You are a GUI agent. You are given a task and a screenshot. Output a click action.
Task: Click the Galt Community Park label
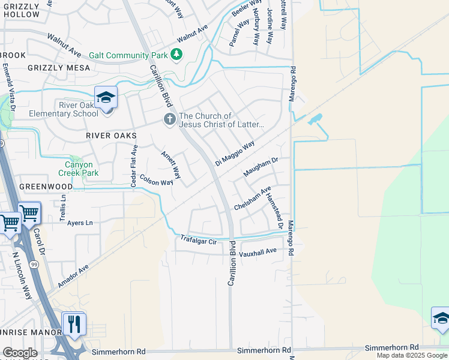(128, 55)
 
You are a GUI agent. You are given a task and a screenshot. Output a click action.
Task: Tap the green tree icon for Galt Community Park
(176, 55)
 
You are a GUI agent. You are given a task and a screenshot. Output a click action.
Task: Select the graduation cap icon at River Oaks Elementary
(106, 97)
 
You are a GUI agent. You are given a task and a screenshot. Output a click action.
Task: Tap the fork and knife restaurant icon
(74, 324)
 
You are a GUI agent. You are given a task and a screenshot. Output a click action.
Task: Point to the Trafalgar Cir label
(198, 241)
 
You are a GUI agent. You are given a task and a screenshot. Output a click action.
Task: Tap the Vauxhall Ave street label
(258, 251)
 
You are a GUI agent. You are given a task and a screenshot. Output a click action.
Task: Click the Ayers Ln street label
(80, 223)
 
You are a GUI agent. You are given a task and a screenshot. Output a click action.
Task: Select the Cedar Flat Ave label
(134, 166)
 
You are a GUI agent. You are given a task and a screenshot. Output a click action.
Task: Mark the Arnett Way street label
(171, 164)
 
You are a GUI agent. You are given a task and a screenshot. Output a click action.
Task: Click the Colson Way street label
(156, 179)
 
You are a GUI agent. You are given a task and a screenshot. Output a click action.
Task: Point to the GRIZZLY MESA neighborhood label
(59, 68)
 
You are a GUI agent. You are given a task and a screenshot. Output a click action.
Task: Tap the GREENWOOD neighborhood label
(46, 187)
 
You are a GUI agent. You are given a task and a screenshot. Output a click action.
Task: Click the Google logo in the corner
(20, 353)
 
